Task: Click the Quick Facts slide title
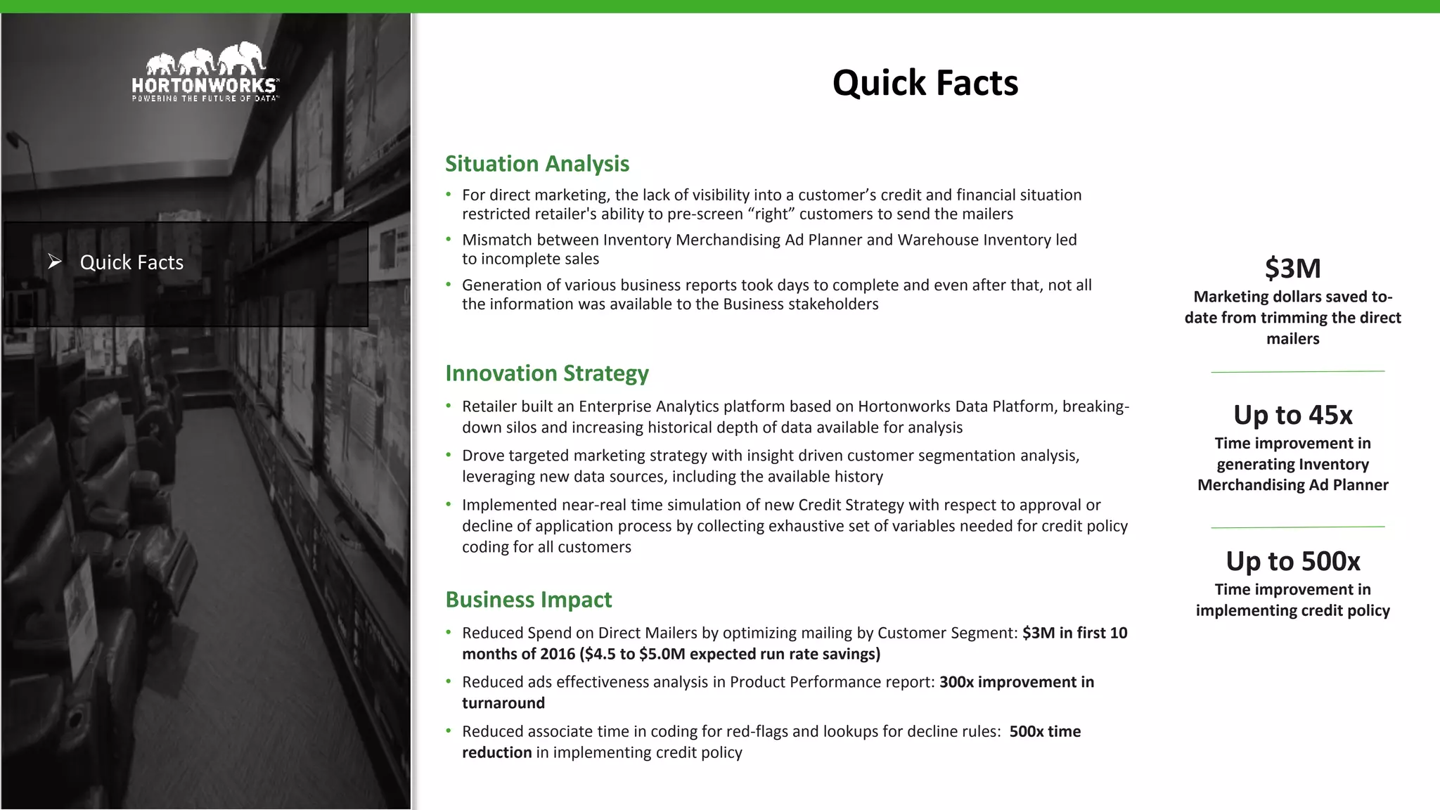pos(925,83)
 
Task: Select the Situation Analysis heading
pos(537,164)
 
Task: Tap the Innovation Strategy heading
pos(546,373)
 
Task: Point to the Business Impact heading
pos(528,600)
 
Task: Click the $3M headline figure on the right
pos(1292,269)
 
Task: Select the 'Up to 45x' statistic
pos(1292,415)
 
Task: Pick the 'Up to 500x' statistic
pos(1292,561)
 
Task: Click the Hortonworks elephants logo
pos(205,58)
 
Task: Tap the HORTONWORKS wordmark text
pos(205,86)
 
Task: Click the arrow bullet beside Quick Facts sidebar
pos(55,262)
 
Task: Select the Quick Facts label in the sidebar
pos(131,262)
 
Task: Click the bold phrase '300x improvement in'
pos(1016,682)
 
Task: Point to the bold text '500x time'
pos(1045,731)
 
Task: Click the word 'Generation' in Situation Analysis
pos(501,285)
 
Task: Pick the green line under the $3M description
pos(1297,371)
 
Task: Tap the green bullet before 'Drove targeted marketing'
pos(449,455)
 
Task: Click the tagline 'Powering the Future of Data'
pos(205,99)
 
